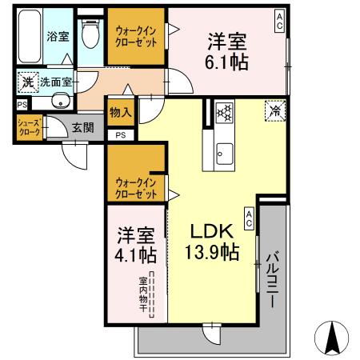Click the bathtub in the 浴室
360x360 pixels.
click(x=30, y=38)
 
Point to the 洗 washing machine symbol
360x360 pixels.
click(x=27, y=81)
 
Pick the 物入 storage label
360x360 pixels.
click(x=121, y=112)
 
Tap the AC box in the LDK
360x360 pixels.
click(x=249, y=218)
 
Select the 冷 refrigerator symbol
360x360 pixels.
click(x=274, y=111)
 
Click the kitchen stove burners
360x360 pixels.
click(x=223, y=113)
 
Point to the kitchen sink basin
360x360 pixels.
click(x=223, y=150)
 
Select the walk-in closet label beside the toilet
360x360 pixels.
click(x=137, y=36)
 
